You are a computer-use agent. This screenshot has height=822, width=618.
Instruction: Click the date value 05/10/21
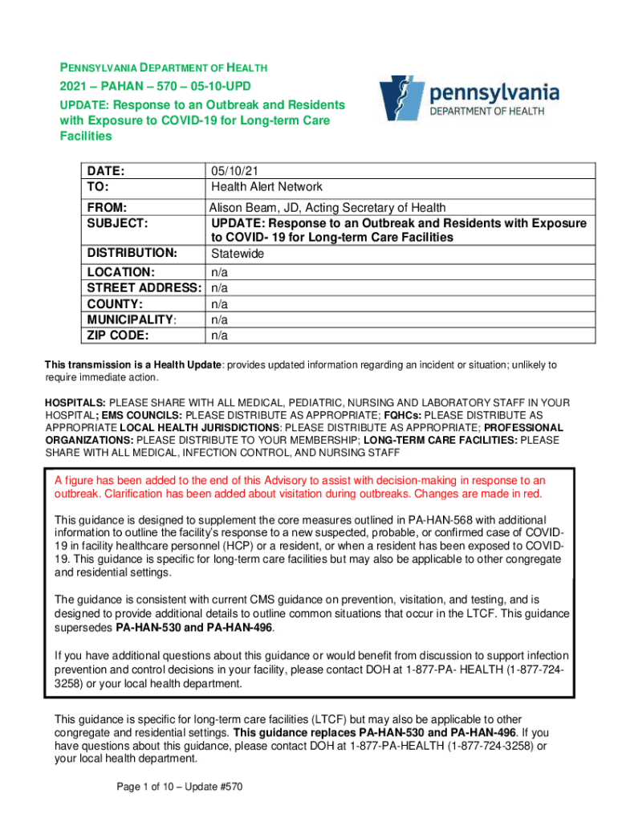click(234, 171)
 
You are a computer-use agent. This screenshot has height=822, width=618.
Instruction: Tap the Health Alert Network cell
click(266, 187)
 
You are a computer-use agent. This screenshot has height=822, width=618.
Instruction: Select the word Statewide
click(238, 254)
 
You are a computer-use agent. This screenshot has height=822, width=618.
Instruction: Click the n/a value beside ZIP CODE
click(219, 335)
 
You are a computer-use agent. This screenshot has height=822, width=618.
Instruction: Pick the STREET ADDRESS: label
click(144, 287)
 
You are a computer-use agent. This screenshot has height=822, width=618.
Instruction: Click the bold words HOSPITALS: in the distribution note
click(75, 401)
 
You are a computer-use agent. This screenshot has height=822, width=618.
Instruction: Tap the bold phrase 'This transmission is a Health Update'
click(132, 365)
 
